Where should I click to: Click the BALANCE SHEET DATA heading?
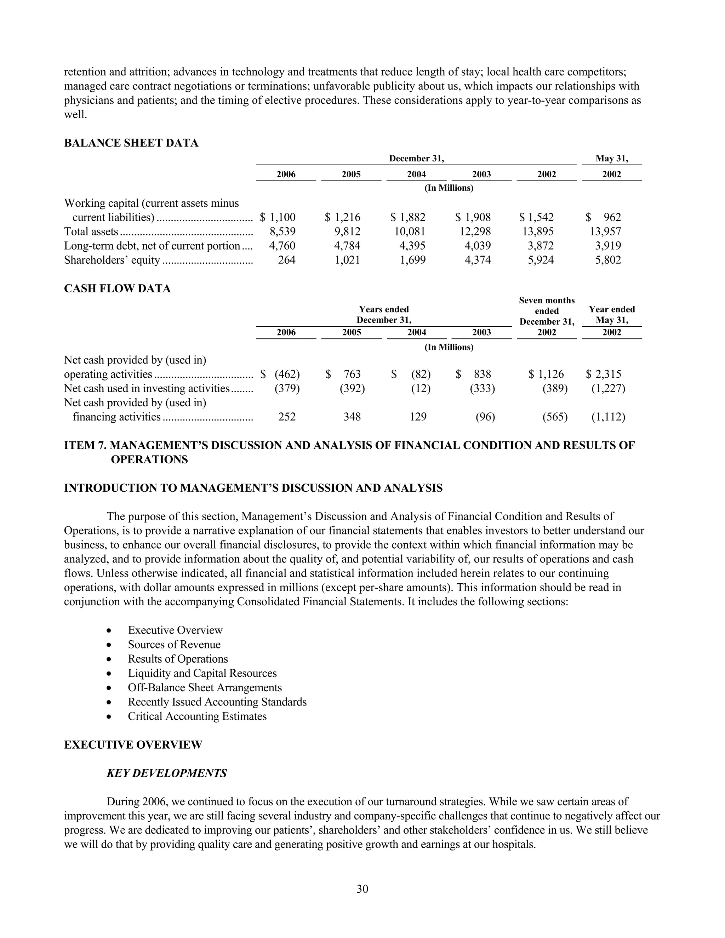(x=131, y=143)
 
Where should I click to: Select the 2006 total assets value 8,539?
(x=282, y=231)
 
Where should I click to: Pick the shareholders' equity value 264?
(x=286, y=260)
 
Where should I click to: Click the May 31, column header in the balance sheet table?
(x=612, y=159)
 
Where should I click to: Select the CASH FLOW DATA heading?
(x=117, y=288)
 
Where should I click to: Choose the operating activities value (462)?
(x=287, y=374)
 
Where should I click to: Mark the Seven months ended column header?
(x=546, y=311)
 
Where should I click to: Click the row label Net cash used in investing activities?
(x=147, y=389)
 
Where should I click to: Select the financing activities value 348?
(x=352, y=417)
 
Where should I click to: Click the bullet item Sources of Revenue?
(x=174, y=644)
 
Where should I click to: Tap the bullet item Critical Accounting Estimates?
(x=197, y=716)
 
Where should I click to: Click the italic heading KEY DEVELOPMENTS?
(x=167, y=773)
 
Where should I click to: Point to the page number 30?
(x=362, y=888)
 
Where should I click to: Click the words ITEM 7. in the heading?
(x=85, y=445)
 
